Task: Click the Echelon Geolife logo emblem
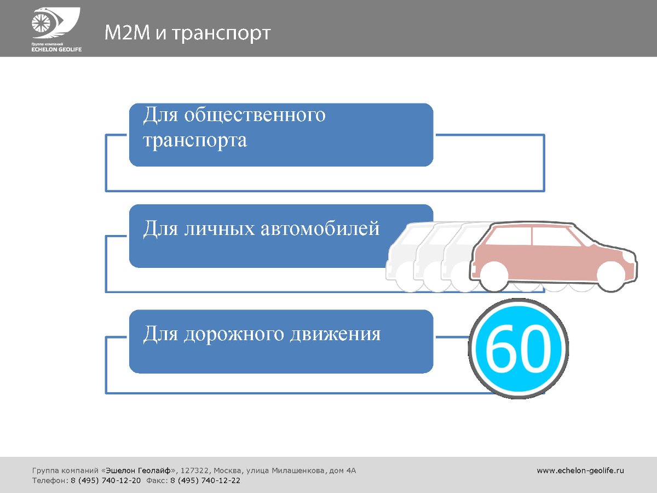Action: (x=56, y=23)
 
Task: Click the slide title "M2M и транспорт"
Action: (x=187, y=32)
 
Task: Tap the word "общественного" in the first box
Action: (x=255, y=114)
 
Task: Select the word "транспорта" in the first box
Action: (x=195, y=140)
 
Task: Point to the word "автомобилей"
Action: (x=320, y=228)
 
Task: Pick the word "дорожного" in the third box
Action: (x=234, y=335)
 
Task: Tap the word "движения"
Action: (x=335, y=334)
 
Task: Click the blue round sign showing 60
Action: (x=518, y=349)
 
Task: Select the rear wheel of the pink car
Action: (x=494, y=276)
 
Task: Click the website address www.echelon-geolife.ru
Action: (x=580, y=471)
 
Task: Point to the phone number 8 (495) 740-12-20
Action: (x=106, y=481)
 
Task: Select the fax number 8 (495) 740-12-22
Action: (x=205, y=481)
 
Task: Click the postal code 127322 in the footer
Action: (x=194, y=471)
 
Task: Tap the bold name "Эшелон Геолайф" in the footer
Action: (x=139, y=471)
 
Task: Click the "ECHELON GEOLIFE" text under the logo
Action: (x=56, y=50)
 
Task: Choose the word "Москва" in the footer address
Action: (x=227, y=471)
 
